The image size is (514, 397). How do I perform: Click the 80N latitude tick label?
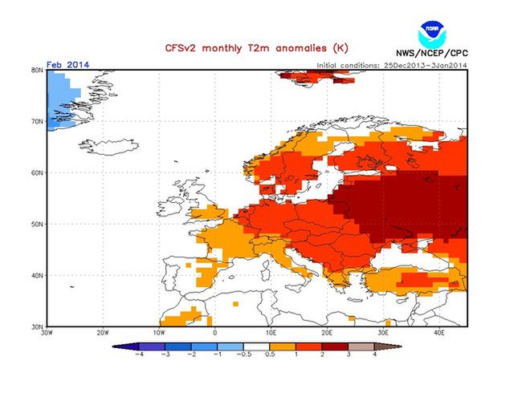click(36, 71)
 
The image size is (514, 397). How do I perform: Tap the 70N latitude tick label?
click(36, 121)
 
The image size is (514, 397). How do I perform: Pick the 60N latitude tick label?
click(36, 172)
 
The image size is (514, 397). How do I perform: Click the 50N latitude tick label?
click(36, 224)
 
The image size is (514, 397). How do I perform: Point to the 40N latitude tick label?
click(36, 275)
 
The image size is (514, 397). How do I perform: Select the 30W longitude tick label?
click(47, 333)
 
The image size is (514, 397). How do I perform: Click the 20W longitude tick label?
click(103, 333)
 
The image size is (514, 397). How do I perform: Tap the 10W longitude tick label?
click(159, 333)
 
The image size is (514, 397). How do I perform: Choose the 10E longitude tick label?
click(271, 333)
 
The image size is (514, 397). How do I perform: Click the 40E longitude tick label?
click(440, 333)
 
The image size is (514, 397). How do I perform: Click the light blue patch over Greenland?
click(60, 92)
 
